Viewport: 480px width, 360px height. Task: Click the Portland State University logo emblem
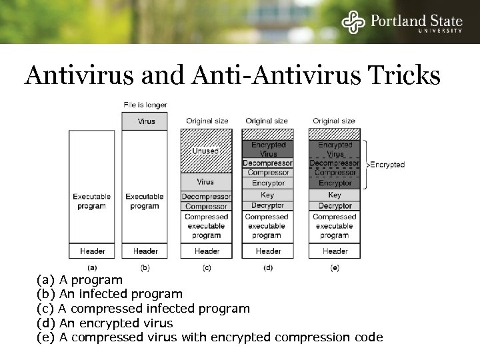point(354,22)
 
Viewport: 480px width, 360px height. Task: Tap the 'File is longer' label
point(145,105)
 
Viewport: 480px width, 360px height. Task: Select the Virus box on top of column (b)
point(146,121)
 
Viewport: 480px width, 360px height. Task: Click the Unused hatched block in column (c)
point(206,151)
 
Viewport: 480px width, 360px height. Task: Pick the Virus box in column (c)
point(206,182)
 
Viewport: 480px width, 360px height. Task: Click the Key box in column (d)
point(267,195)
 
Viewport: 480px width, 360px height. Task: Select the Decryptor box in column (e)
point(335,206)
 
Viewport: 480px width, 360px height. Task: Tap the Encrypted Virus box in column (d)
point(267,149)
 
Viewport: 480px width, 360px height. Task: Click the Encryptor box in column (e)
point(335,183)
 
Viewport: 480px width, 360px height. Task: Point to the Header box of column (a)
point(92,251)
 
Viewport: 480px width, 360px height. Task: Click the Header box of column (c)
point(207,251)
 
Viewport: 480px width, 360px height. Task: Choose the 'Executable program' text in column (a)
point(92,201)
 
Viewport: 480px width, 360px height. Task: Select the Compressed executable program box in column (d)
point(267,226)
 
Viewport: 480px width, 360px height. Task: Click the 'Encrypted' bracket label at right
point(387,165)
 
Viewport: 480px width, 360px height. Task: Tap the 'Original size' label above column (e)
point(334,121)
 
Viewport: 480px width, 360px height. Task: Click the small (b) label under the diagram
point(145,267)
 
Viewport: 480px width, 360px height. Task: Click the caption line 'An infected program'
point(121,294)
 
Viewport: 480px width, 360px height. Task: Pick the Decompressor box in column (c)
point(206,197)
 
